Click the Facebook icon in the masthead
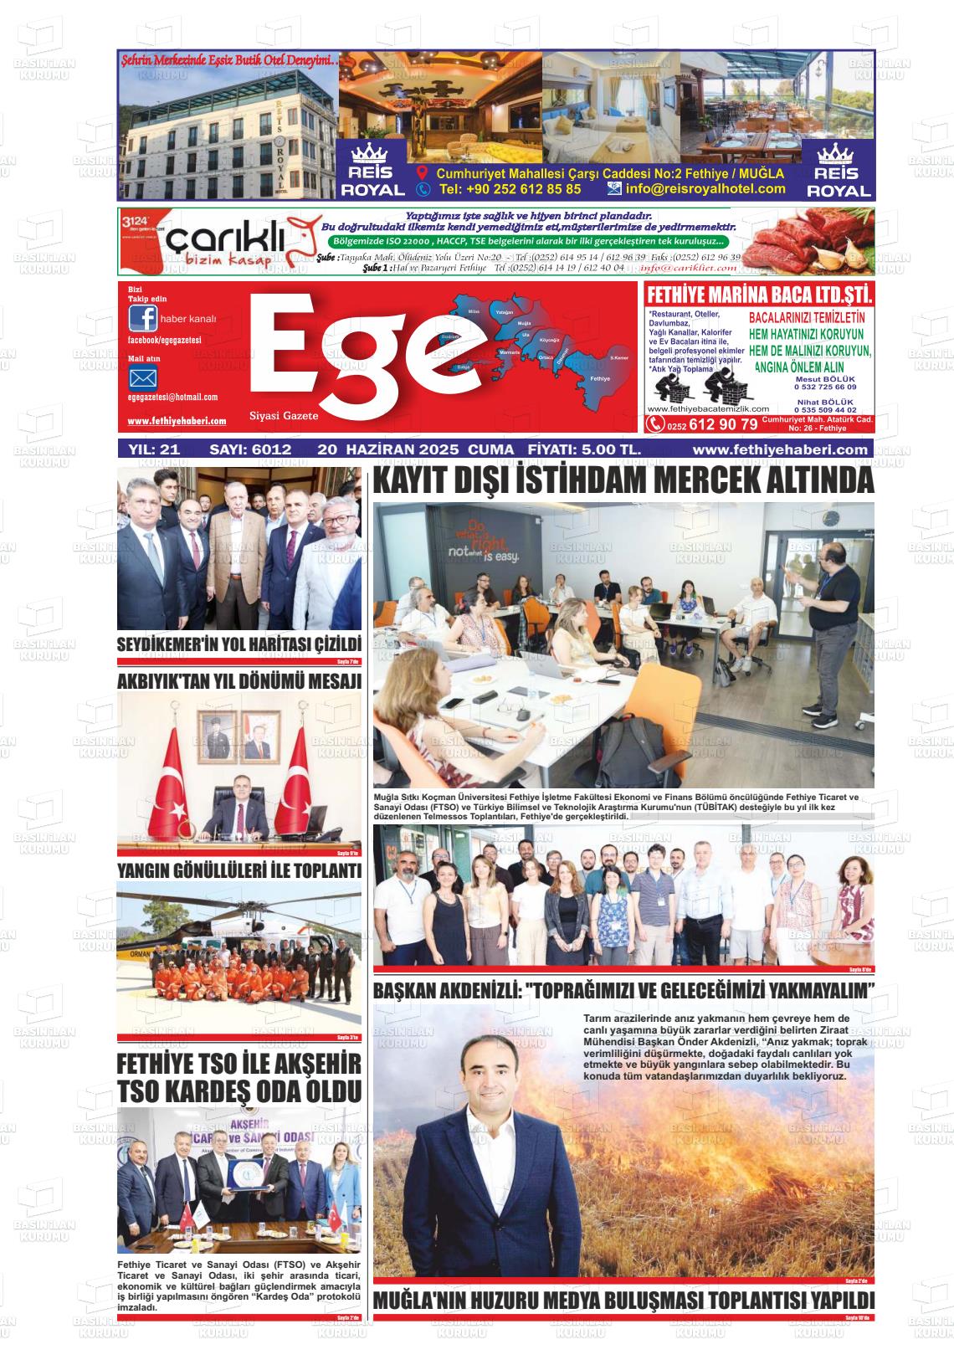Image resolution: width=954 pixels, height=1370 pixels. [142, 319]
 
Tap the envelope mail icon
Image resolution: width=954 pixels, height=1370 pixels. [142, 377]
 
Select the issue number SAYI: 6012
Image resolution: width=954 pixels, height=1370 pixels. [250, 449]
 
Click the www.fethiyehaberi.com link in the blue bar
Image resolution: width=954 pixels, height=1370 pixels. [780, 449]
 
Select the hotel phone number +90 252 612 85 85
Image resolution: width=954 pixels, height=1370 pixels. [510, 189]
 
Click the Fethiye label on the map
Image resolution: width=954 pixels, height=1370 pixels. [600, 378]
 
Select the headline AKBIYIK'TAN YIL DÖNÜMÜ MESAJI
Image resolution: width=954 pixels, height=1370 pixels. [239, 681]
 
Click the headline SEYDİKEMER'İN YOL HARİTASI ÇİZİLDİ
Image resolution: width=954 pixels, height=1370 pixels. [239, 645]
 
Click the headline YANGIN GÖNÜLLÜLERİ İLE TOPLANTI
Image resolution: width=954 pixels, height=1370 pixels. [239, 871]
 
